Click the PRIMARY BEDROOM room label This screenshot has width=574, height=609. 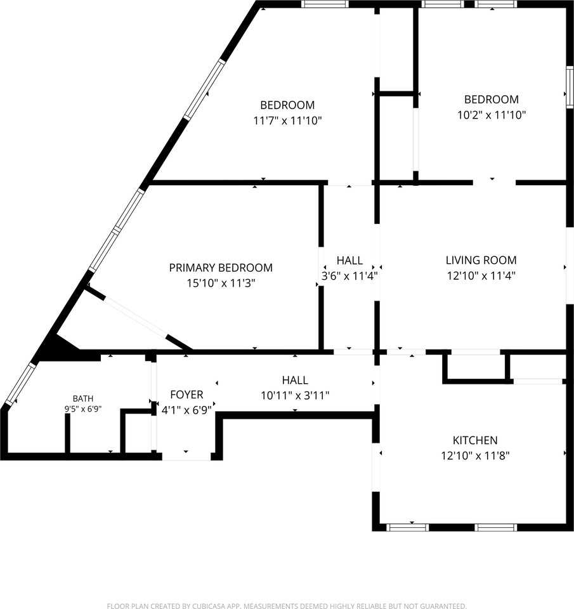[221, 268]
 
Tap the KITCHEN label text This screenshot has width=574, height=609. [475, 440]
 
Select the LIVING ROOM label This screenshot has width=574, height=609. [481, 260]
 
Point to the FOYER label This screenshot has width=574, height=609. [187, 395]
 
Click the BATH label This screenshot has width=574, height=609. [83, 398]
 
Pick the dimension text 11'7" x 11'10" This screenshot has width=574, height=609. [287, 121]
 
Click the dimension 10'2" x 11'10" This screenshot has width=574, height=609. [492, 115]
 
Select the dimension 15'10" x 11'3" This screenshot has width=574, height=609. [221, 283]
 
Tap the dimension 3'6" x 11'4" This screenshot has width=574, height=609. [349, 276]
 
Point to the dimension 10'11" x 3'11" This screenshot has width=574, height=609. [295, 395]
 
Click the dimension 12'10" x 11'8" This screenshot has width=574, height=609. [475, 455]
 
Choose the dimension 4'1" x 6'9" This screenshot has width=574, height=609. [187, 410]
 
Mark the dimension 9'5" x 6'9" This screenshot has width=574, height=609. [83, 409]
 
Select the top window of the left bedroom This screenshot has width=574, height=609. [325, 4]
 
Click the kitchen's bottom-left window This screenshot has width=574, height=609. [408, 527]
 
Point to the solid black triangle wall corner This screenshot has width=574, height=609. [58, 347]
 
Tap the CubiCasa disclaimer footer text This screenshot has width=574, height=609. [287, 606]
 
